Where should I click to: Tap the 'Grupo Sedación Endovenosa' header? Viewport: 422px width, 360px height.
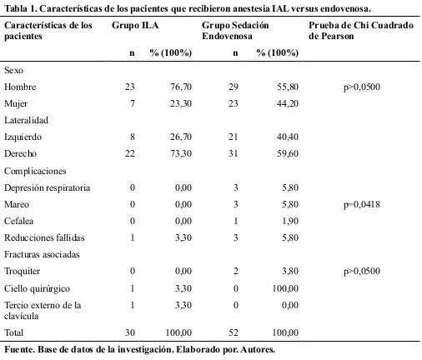tap(236, 32)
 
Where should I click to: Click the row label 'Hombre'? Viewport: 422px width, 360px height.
tap(21, 87)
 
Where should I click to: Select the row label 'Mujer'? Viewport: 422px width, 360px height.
tap(18, 102)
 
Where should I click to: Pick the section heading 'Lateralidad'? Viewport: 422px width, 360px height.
tap(27, 119)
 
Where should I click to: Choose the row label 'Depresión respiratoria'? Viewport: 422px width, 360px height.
tap(47, 187)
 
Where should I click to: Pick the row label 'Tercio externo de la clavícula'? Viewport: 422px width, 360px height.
tap(43, 309)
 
